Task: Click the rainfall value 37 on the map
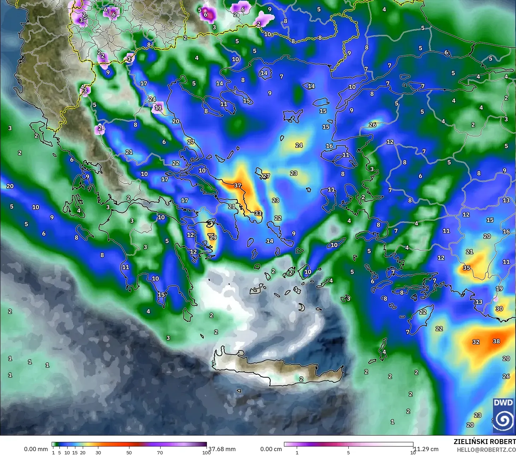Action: tap(238, 186)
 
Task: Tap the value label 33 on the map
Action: tap(258, 213)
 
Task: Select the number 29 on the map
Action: tap(213, 237)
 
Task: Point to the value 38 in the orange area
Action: tap(496, 341)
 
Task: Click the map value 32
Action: tap(476, 342)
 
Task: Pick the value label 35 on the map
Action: tap(466, 268)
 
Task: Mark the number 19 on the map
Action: tap(499, 288)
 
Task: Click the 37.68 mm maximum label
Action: tap(222, 449)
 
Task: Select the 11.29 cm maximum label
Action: tap(426, 449)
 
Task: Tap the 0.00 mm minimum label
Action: tap(36, 449)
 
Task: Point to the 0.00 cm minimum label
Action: tap(271, 449)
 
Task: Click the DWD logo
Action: tap(503, 415)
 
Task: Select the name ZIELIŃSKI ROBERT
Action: tap(485, 442)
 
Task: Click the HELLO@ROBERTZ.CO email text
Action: tap(486, 449)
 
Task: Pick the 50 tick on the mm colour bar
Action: tap(129, 453)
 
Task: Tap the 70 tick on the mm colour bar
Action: tap(160, 453)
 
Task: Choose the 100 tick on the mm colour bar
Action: tap(207, 453)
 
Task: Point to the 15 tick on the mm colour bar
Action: tap(75, 453)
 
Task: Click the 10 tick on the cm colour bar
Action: tap(413, 453)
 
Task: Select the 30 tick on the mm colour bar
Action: tap(98, 453)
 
